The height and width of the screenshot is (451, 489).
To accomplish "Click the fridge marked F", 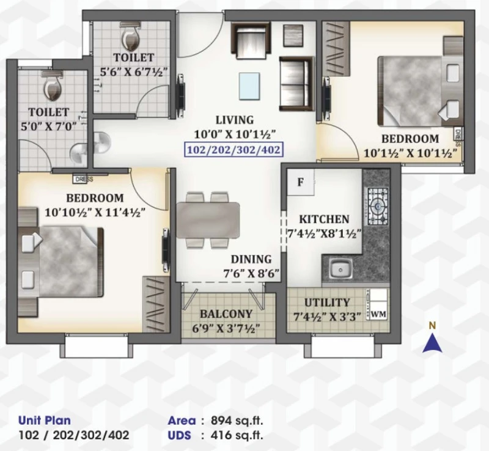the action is [301, 182].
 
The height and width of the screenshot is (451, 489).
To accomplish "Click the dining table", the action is [208, 220].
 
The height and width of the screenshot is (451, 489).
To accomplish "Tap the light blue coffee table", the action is [249, 86].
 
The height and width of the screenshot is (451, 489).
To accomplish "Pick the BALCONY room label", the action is [226, 313].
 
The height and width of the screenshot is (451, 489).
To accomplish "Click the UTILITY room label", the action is [327, 302].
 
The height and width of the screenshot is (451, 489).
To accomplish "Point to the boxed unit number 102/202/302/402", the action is [233, 150].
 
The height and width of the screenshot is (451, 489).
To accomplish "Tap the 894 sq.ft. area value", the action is [237, 420].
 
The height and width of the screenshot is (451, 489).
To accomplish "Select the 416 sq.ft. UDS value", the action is [237, 435].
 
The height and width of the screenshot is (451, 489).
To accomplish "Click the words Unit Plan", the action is [45, 420].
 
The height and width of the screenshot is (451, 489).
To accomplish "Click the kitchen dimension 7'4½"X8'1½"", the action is [324, 233].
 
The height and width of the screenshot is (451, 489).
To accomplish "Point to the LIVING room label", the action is [235, 120].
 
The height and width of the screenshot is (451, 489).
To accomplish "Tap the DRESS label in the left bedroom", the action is [84, 179].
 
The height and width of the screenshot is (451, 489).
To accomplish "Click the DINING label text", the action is [251, 259].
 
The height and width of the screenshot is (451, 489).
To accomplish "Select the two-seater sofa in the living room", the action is [296, 84].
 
